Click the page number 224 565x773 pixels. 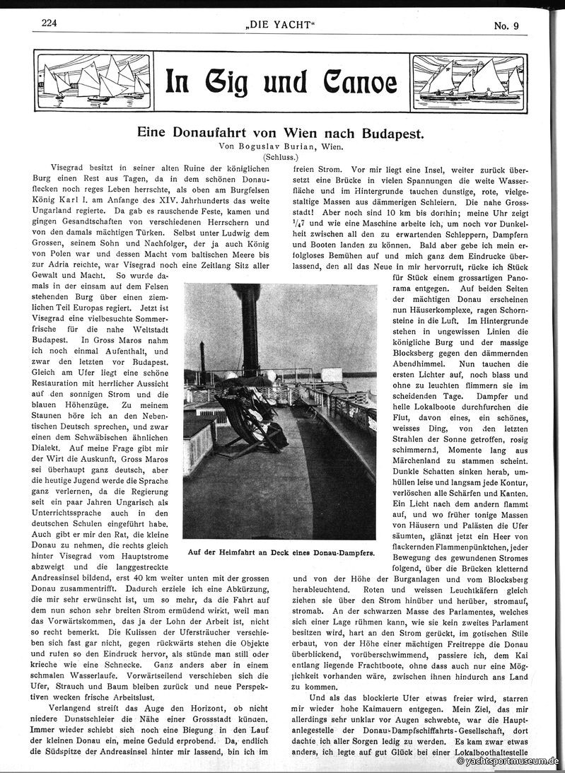(49, 23)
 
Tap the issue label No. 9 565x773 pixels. (506, 27)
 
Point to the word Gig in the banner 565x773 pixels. (228, 82)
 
